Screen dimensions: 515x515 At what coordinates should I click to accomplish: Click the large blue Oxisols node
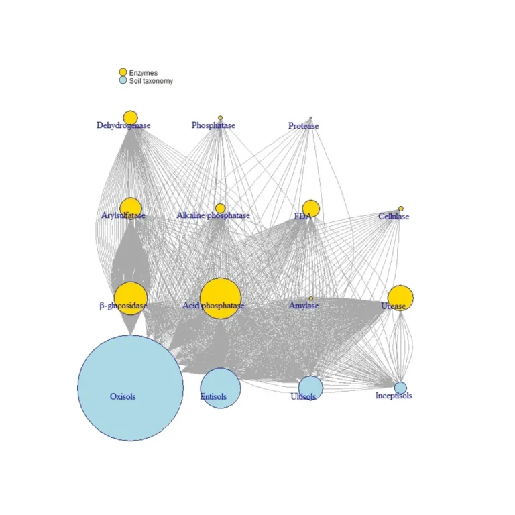click(x=130, y=388)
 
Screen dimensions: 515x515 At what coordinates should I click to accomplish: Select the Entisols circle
click(x=221, y=388)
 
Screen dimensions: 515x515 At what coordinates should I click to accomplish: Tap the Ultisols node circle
click(x=310, y=388)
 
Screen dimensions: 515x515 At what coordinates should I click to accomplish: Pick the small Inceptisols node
click(x=400, y=388)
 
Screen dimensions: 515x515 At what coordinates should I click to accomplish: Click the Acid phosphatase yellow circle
click(x=221, y=298)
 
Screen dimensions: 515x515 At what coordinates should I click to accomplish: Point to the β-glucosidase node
click(x=130, y=298)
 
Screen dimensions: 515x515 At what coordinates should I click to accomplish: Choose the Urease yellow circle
click(x=400, y=298)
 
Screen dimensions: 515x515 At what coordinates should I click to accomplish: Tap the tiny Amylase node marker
click(x=310, y=298)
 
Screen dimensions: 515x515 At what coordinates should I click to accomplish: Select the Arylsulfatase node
click(x=130, y=208)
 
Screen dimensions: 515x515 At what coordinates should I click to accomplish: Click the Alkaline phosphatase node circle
click(x=220, y=208)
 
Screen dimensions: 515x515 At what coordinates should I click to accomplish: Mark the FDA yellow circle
click(x=310, y=209)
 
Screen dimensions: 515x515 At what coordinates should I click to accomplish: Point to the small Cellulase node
click(x=401, y=209)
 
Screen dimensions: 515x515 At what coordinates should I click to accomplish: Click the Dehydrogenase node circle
click(x=130, y=118)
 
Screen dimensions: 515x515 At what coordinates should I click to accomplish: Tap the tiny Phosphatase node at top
click(x=220, y=118)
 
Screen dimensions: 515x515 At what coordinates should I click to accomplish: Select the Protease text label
click(x=304, y=126)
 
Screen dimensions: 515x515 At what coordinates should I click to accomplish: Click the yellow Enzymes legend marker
click(x=123, y=72)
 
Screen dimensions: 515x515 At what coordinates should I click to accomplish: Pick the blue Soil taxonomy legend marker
click(x=123, y=80)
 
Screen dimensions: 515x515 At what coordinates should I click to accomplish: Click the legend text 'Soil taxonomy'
click(x=151, y=81)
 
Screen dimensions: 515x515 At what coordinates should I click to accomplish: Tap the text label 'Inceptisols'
click(x=394, y=396)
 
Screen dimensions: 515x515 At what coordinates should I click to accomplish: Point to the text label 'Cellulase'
click(x=394, y=217)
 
